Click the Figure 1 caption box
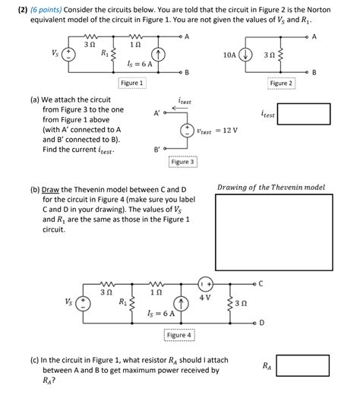[131, 82]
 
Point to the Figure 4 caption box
[179, 335]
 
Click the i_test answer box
[304, 115]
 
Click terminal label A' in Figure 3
[156, 115]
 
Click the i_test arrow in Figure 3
[184, 108]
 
